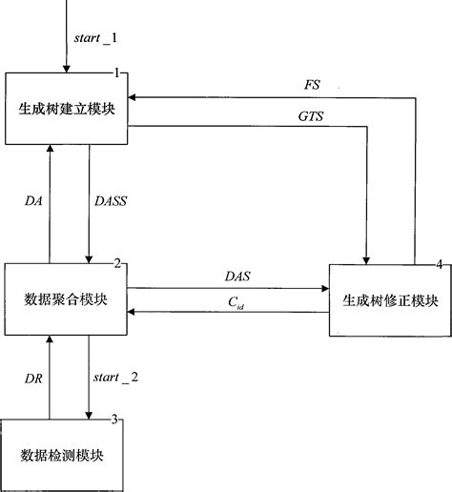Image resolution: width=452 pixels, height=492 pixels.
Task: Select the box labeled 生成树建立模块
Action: click(x=65, y=109)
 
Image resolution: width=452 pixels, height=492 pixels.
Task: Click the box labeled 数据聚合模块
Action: click(x=65, y=299)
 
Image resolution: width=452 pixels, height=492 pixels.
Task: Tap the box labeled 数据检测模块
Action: click(x=65, y=454)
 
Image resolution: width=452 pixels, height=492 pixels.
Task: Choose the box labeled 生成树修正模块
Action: click(x=390, y=300)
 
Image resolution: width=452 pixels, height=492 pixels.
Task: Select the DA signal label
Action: click(x=33, y=200)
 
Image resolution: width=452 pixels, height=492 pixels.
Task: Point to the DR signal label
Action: click(x=33, y=377)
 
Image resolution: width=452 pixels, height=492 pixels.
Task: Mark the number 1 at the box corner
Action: click(x=116, y=73)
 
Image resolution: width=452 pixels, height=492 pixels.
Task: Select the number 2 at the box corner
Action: click(x=116, y=264)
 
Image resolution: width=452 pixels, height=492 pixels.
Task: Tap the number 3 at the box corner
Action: click(x=115, y=419)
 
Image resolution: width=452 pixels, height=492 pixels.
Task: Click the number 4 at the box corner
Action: click(x=439, y=264)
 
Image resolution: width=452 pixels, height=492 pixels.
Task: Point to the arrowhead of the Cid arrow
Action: click(x=134, y=312)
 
